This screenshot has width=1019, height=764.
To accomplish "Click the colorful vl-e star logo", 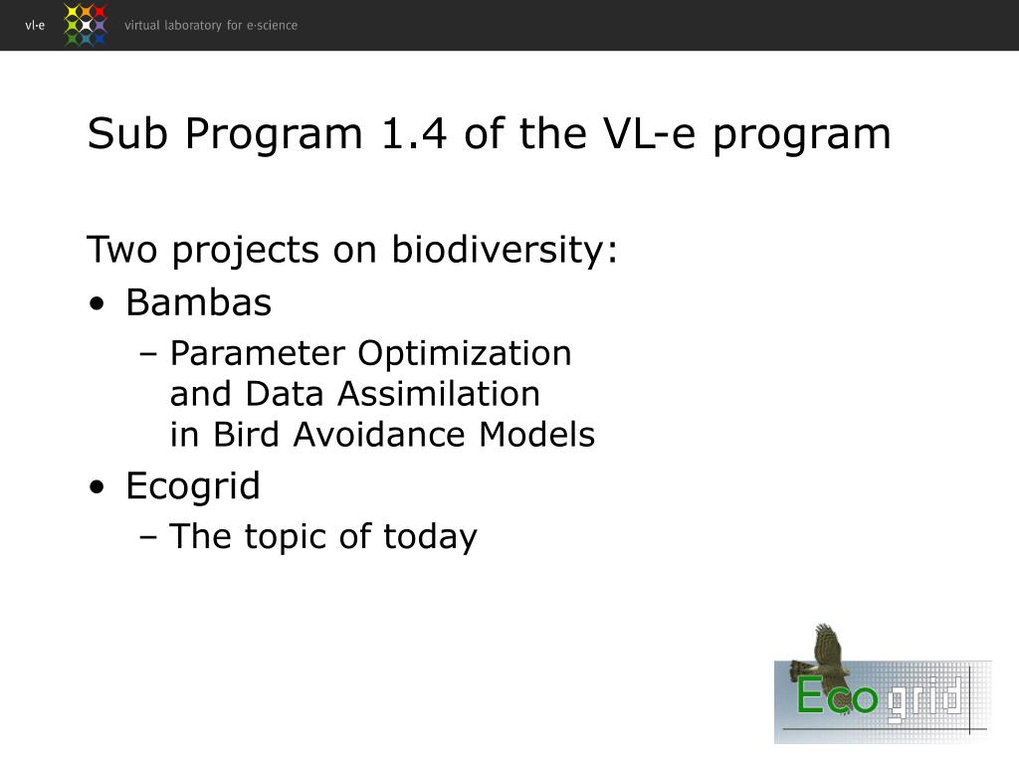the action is pyautogui.click(x=86, y=25).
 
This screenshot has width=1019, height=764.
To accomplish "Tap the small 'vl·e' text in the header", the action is pyautogui.click(x=35, y=25).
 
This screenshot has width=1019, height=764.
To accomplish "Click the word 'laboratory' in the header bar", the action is pyautogui.click(x=193, y=25).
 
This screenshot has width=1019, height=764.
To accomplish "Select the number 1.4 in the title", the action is pyautogui.click(x=414, y=134).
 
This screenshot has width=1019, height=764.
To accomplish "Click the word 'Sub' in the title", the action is pyautogui.click(x=127, y=134).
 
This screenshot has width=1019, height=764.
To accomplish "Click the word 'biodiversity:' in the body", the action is pyautogui.click(x=505, y=250).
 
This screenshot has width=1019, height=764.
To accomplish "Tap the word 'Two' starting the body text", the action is pyautogui.click(x=121, y=250).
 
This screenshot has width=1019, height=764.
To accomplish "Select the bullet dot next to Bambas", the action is pyautogui.click(x=97, y=304).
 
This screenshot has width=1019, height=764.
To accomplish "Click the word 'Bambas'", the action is pyautogui.click(x=199, y=302).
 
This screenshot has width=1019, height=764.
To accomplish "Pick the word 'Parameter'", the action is pyautogui.click(x=258, y=354).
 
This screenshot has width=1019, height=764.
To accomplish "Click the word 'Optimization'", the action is pyautogui.click(x=465, y=355).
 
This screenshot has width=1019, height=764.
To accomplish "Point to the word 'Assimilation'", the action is pyautogui.click(x=439, y=394).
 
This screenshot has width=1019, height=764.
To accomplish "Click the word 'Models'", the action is pyautogui.click(x=536, y=435).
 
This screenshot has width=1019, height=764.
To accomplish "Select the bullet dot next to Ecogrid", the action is pyautogui.click(x=97, y=487).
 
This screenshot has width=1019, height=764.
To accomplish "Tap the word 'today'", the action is pyautogui.click(x=430, y=538).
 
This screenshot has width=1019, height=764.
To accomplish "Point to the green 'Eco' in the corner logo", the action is pyautogui.click(x=837, y=695).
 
